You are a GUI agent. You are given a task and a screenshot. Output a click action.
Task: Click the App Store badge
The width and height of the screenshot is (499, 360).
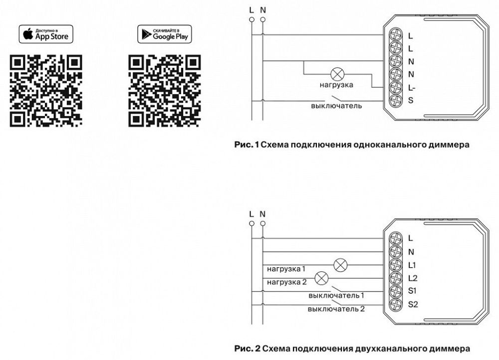pyautogui.click(x=46, y=34)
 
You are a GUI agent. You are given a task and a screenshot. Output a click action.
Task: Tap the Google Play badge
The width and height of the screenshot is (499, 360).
pyautogui.click(x=165, y=34)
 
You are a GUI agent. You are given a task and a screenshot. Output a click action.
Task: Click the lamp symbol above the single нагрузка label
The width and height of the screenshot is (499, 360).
pyautogui.click(x=338, y=74)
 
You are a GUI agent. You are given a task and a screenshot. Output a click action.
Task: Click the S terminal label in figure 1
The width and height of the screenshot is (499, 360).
pyautogui.click(x=411, y=101)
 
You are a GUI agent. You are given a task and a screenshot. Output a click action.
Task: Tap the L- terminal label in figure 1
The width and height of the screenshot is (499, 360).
pyautogui.click(x=412, y=88)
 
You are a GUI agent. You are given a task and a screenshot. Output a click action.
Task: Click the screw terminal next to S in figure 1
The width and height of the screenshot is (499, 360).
pyautogui.click(x=396, y=101)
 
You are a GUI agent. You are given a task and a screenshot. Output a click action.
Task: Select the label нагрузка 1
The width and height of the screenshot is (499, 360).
pyautogui.click(x=286, y=269)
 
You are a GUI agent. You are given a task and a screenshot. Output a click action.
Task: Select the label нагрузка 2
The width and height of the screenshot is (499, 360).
pyautogui.click(x=286, y=283)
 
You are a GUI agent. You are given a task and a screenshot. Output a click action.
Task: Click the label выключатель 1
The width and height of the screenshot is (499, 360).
pyautogui.click(x=336, y=296)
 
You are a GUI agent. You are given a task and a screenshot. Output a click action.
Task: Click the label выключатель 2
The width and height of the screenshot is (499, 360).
pyautogui.click(x=336, y=309)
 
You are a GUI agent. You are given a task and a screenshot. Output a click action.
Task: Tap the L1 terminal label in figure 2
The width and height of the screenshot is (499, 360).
pyautogui.click(x=412, y=265)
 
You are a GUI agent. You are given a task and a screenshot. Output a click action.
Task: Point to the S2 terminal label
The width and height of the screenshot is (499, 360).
pyautogui.click(x=413, y=304)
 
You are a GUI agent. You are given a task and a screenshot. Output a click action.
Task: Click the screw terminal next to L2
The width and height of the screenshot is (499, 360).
pyautogui.click(x=396, y=278)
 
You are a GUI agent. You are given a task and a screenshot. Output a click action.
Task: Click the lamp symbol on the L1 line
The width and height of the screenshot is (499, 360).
pyautogui.click(x=340, y=265)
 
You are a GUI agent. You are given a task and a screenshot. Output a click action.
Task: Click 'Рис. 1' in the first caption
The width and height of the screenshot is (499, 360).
pyautogui.click(x=247, y=146)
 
